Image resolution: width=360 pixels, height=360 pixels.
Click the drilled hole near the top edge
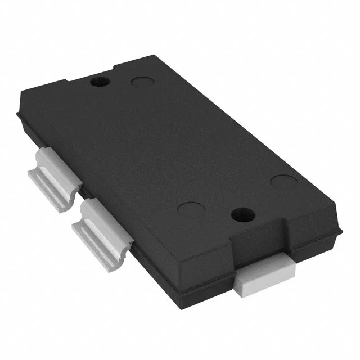[101, 82]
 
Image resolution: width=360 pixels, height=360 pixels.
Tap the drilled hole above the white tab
[242, 214]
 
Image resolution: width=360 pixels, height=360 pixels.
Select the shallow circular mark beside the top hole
[142, 82]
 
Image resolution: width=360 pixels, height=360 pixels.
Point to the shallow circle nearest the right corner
[283, 181]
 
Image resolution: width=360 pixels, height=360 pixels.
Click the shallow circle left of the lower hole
[190, 208]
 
